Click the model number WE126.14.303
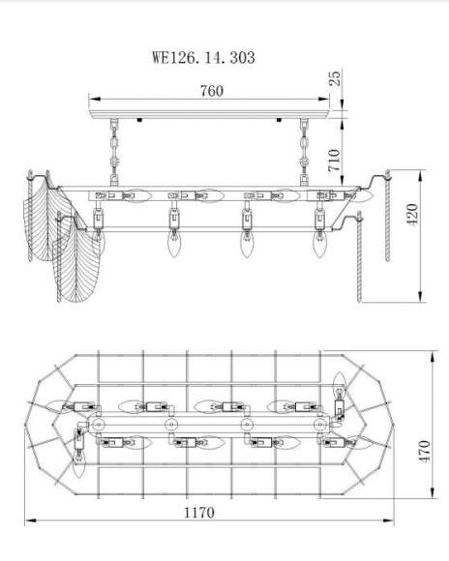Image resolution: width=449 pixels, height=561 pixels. pyautogui.click(x=203, y=57)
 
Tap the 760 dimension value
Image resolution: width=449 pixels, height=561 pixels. pyautogui.click(x=212, y=91)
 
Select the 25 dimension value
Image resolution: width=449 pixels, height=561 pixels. pyautogui.click(x=335, y=78)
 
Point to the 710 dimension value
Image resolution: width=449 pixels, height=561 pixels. pyautogui.click(x=334, y=161)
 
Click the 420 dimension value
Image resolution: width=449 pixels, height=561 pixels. pyautogui.click(x=412, y=214)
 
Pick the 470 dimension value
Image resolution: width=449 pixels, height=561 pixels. pyautogui.click(x=424, y=452)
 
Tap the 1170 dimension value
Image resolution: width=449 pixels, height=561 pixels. pyautogui.click(x=199, y=513)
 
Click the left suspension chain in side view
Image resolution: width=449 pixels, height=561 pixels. pyautogui.click(x=114, y=152)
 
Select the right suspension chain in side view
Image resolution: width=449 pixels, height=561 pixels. pyautogui.click(x=304, y=152)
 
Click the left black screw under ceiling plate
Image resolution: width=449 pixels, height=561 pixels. pyautogui.click(x=139, y=120)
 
